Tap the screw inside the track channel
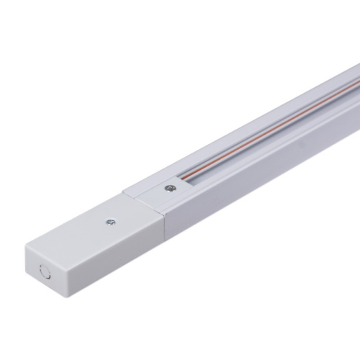point(168,189)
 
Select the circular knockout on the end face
point(45,274)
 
